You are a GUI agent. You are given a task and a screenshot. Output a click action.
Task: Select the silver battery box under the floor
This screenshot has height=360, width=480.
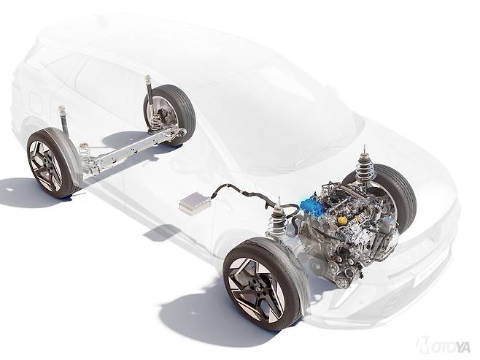click(194, 202)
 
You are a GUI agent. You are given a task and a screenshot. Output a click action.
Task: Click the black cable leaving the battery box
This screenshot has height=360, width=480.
click(245, 192)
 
